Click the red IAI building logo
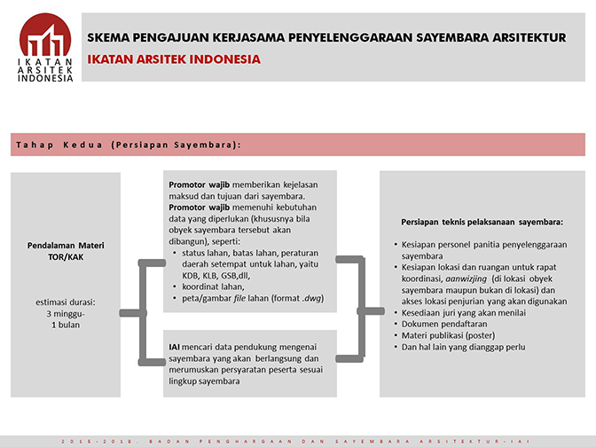point(46,35)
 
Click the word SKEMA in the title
point(109,38)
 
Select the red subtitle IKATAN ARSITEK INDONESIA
point(174,59)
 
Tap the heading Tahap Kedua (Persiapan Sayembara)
point(129,144)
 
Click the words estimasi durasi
point(65,302)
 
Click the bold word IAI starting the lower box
point(175,346)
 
